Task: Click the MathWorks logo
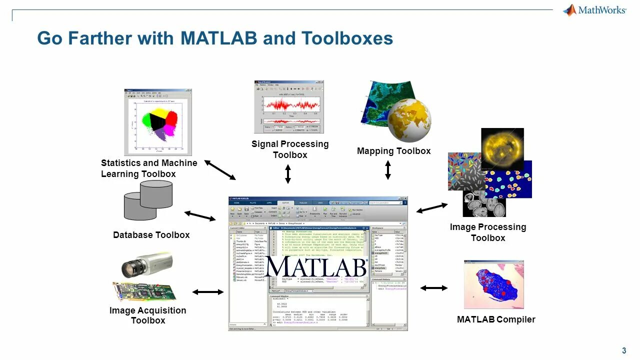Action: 594,10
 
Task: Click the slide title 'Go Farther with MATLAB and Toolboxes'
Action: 215,38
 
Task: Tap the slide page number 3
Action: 624,350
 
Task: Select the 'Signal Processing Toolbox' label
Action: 290,149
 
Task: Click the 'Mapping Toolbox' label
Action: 393,151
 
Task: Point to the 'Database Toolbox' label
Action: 151,235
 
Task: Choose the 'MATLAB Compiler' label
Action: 496,319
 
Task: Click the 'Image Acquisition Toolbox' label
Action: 148,315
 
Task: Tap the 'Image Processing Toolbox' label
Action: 488,232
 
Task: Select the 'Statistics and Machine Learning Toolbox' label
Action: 149,168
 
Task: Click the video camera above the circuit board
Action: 147,265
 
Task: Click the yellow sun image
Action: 502,149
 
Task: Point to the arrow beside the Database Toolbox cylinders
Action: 200,216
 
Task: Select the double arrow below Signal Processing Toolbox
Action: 288,173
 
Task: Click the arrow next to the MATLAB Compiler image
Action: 434,288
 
